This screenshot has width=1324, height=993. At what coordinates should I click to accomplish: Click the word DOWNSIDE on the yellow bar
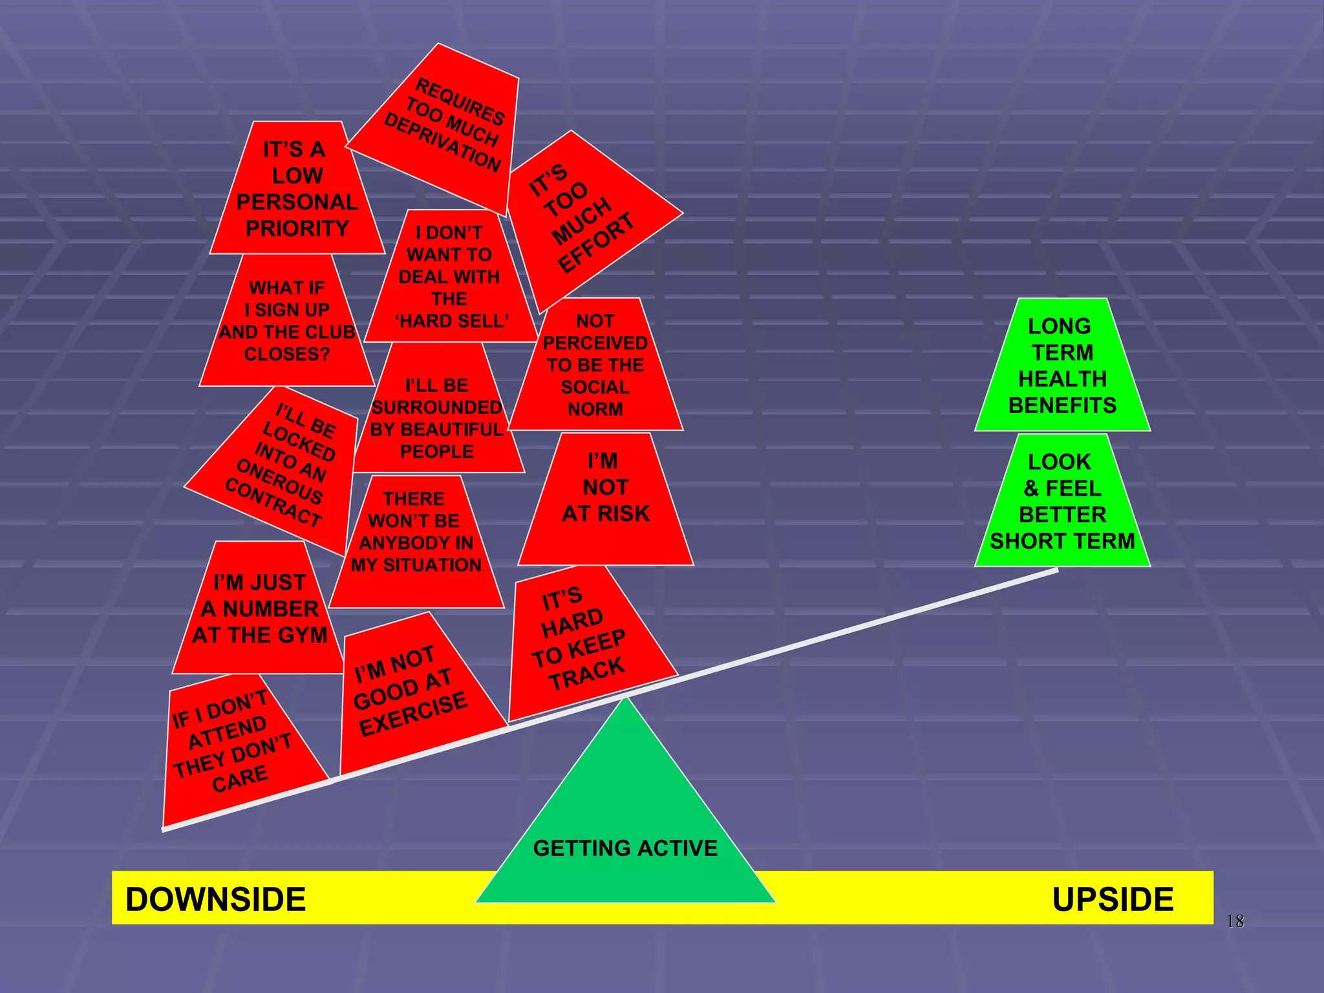click(x=215, y=899)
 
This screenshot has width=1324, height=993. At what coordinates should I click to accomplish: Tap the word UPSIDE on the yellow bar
click(x=1112, y=899)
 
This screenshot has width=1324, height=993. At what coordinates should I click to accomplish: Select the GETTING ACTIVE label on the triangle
click(x=625, y=848)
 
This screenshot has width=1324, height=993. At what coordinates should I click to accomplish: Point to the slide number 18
click(x=1235, y=921)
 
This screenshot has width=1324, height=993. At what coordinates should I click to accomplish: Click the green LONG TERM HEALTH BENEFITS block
click(x=1062, y=366)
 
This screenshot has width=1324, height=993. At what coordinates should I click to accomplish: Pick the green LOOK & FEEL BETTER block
click(x=1062, y=502)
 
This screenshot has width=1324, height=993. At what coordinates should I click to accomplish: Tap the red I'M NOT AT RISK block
click(x=606, y=489)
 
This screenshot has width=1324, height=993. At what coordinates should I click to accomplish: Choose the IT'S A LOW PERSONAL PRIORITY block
click(x=297, y=189)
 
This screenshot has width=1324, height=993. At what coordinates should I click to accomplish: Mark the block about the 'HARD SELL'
click(x=450, y=277)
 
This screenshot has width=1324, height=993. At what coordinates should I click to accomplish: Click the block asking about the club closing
click(x=287, y=321)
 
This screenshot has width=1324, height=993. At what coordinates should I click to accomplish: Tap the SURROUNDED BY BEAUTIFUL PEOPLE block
click(x=437, y=418)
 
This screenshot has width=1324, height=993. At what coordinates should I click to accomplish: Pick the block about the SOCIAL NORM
click(x=595, y=365)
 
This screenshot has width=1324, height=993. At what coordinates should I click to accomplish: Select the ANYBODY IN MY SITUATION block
click(x=416, y=532)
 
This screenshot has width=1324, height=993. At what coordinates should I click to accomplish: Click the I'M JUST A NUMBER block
click(x=259, y=609)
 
